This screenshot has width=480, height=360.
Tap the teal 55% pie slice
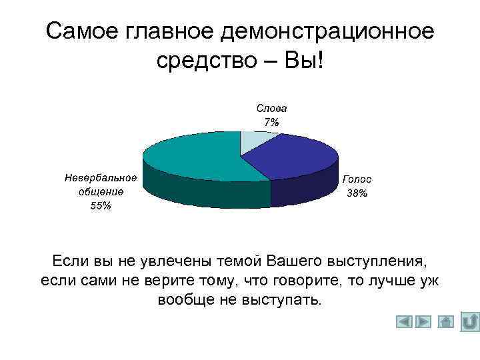point(193,157)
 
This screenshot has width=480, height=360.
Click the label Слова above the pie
point(271,108)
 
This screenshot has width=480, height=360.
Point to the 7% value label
point(271,122)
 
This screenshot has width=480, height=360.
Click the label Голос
point(357,179)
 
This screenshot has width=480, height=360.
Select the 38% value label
point(357,193)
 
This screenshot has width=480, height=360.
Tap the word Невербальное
point(101,178)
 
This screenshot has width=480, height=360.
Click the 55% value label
point(101,206)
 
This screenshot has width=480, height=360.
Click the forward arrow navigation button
point(424,322)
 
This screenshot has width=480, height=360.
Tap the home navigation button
point(446,322)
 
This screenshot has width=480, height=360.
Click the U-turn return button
point(469,321)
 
